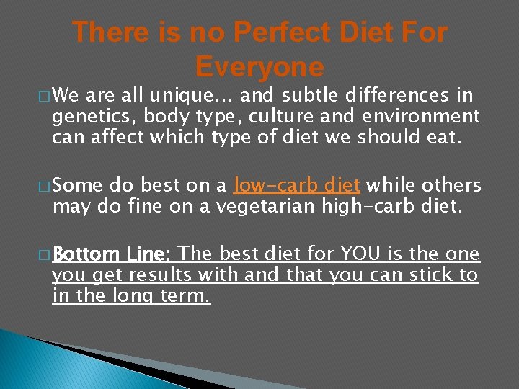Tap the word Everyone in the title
(x=259, y=67)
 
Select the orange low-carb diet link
(x=297, y=187)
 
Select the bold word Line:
(x=148, y=254)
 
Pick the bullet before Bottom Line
(x=45, y=255)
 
